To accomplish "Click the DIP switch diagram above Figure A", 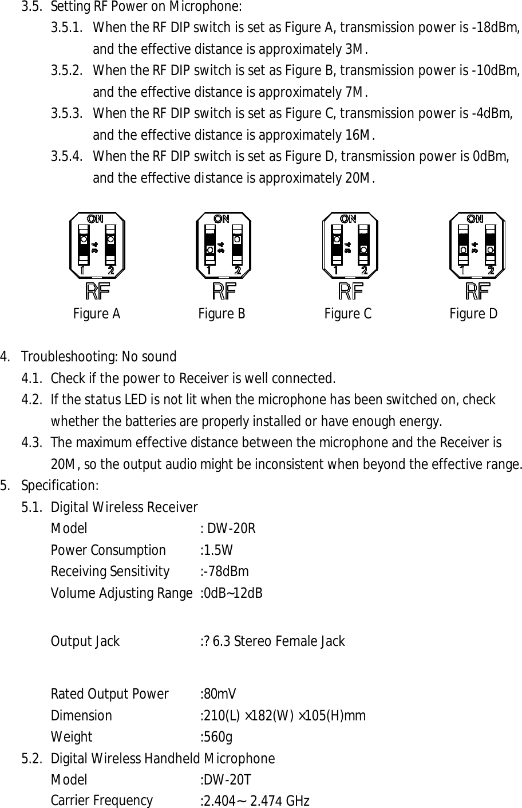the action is (x=97, y=246).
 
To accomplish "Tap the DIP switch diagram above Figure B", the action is (x=223, y=246).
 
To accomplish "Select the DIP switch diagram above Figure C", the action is (x=350, y=246).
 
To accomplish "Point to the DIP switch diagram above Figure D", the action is (x=477, y=246).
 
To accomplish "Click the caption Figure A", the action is (x=97, y=314).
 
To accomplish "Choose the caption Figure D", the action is (x=473, y=314).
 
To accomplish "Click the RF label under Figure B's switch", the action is (x=224, y=291).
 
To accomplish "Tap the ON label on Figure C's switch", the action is (x=348, y=218).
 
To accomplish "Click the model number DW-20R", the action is (x=231, y=528).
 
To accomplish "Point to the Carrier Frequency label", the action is (x=102, y=801).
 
